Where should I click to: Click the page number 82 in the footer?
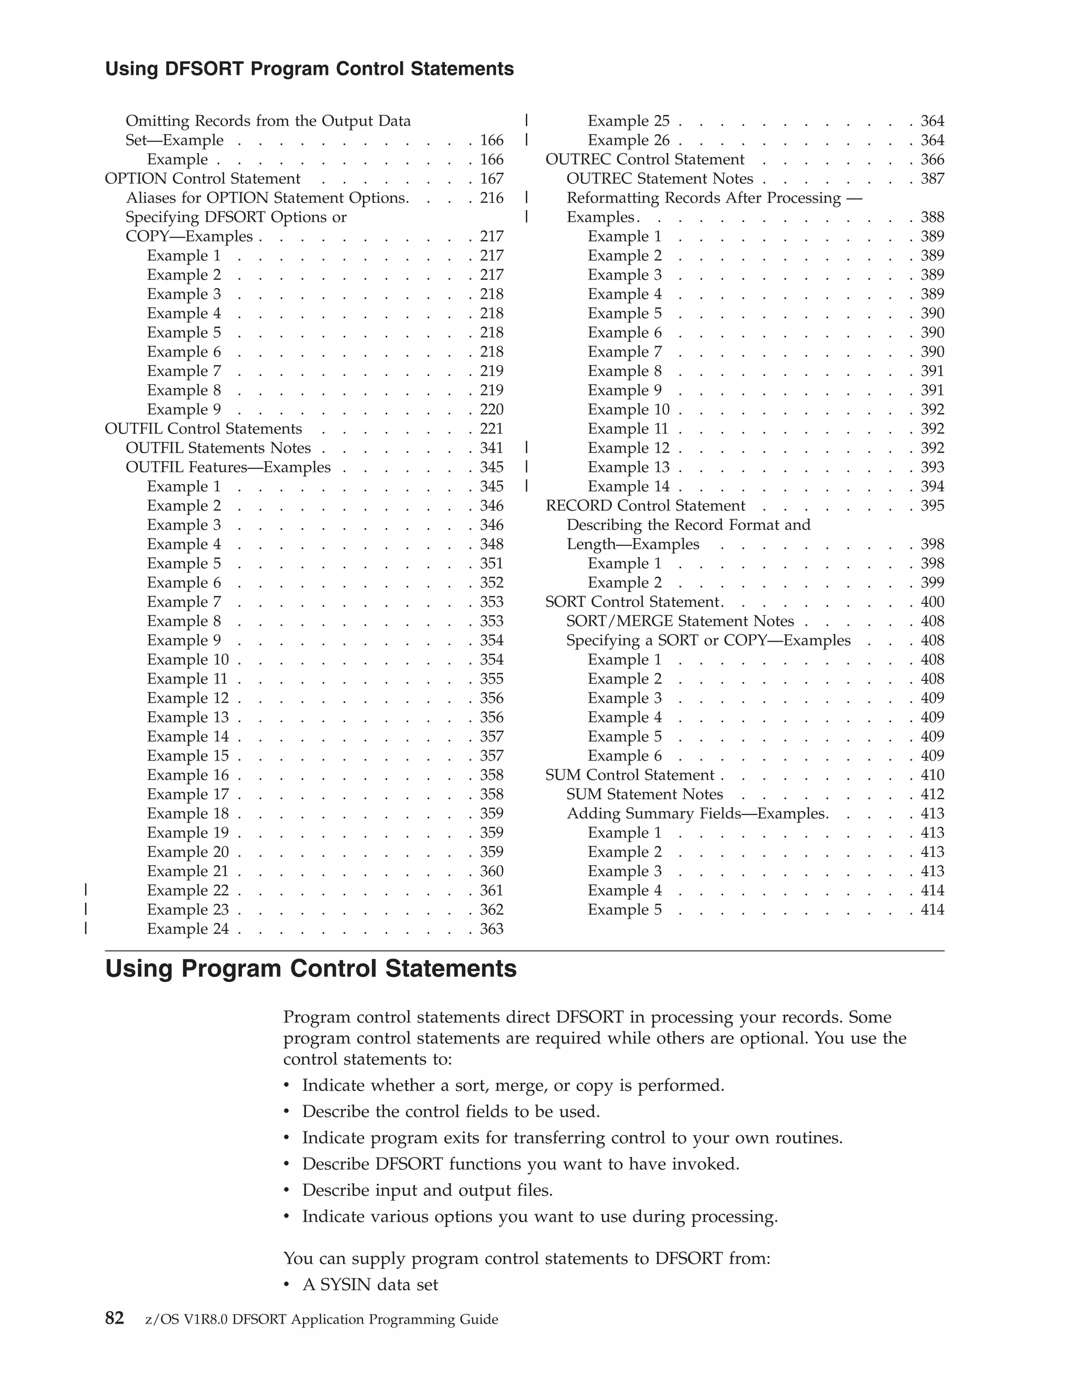point(114,1318)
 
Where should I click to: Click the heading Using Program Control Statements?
point(311,969)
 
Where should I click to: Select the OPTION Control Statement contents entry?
point(202,179)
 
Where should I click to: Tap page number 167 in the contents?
point(491,179)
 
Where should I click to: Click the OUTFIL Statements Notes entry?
point(218,448)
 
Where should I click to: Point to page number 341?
point(491,448)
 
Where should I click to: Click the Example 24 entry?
point(188,929)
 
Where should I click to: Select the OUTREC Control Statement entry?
point(644,160)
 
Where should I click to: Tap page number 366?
point(933,160)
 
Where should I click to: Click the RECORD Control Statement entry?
point(645,506)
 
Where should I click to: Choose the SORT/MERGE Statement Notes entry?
point(680,621)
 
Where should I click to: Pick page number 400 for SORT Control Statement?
point(933,602)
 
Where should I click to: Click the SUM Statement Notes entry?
point(644,795)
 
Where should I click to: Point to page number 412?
point(933,795)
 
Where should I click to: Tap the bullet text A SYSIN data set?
point(370,1284)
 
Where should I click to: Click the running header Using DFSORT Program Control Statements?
point(309,69)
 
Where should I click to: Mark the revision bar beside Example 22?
point(86,890)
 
